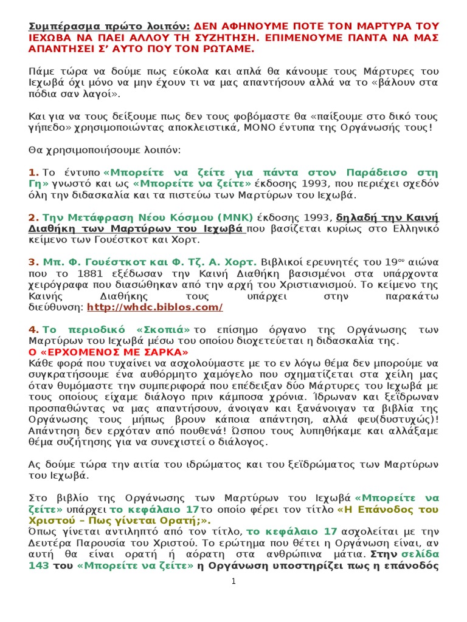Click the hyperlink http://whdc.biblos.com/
pyautogui.click(x=155, y=307)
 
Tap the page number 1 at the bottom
pyautogui.click(x=233, y=581)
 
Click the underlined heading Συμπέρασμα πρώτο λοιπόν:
pyautogui.click(x=109, y=27)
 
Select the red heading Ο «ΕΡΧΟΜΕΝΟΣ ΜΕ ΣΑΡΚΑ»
pyautogui.click(x=109, y=352)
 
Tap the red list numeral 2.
pyautogui.click(x=33, y=218)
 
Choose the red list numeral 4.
pyautogui.click(x=33, y=329)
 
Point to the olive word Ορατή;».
pyautogui.click(x=187, y=521)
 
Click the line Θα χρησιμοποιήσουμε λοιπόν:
pyautogui.click(x=104, y=149)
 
